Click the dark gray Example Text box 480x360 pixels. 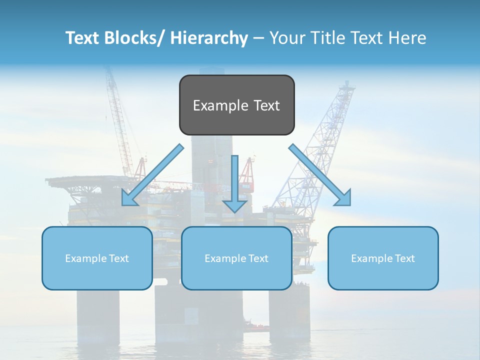click(x=236, y=105)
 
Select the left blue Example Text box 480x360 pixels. click(x=97, y=258)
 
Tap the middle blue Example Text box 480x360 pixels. click(x=236, y=258)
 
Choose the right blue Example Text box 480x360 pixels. click(x=383, y=258)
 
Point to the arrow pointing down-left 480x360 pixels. click(x=152, y=175)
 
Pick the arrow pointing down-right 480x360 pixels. click(x=320, y=175)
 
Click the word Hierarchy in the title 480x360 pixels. click(x=209, y=38)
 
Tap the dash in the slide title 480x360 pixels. click(x=258, y=38)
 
